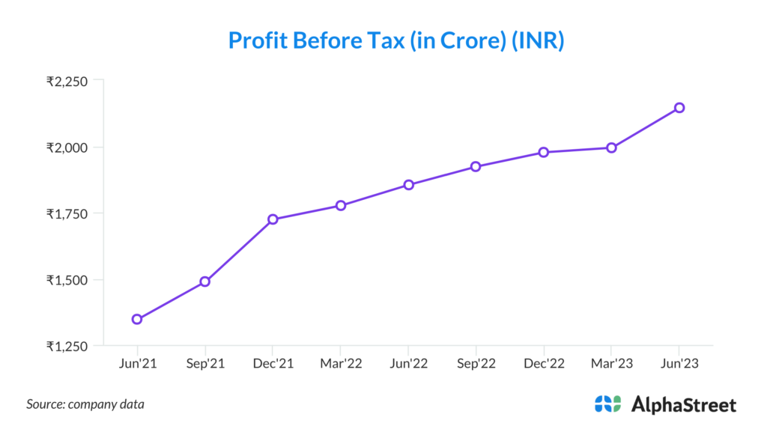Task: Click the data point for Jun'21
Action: [137, 319]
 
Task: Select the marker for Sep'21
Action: [204, 282]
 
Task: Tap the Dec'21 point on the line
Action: [273, 219]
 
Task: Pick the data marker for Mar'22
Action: [341, 205]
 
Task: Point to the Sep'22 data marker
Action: [476, 166]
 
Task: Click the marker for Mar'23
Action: [611, 147]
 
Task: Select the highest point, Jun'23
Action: [679, 108]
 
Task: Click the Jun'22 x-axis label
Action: [408, 363]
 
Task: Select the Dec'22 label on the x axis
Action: [544, 363]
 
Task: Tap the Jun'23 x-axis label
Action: [679, 363]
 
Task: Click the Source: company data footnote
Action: [85, 404]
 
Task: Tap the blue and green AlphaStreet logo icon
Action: [607, 404]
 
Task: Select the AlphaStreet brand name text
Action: [684, 405]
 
